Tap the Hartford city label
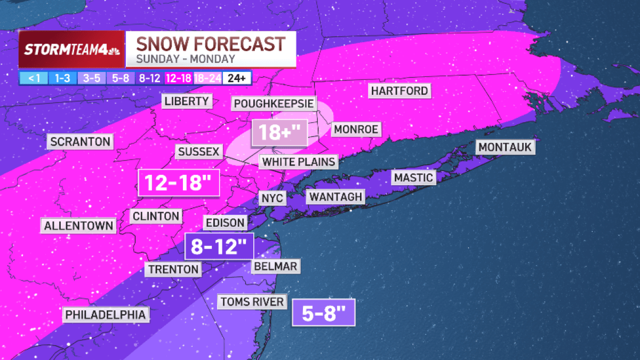point(399,91)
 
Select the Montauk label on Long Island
point(505,147)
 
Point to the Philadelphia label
point(105,315)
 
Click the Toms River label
point(252,302)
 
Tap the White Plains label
point(299,162)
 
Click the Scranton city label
point(80,142)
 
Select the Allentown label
point(78,226)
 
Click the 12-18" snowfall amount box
point(178,183)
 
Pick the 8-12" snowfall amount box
point(219,246)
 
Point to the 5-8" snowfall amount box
point(323,312)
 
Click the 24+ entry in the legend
point(236,78)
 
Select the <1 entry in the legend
point(34,78)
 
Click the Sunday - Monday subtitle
point(185,59)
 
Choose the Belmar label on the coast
point(275,266)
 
